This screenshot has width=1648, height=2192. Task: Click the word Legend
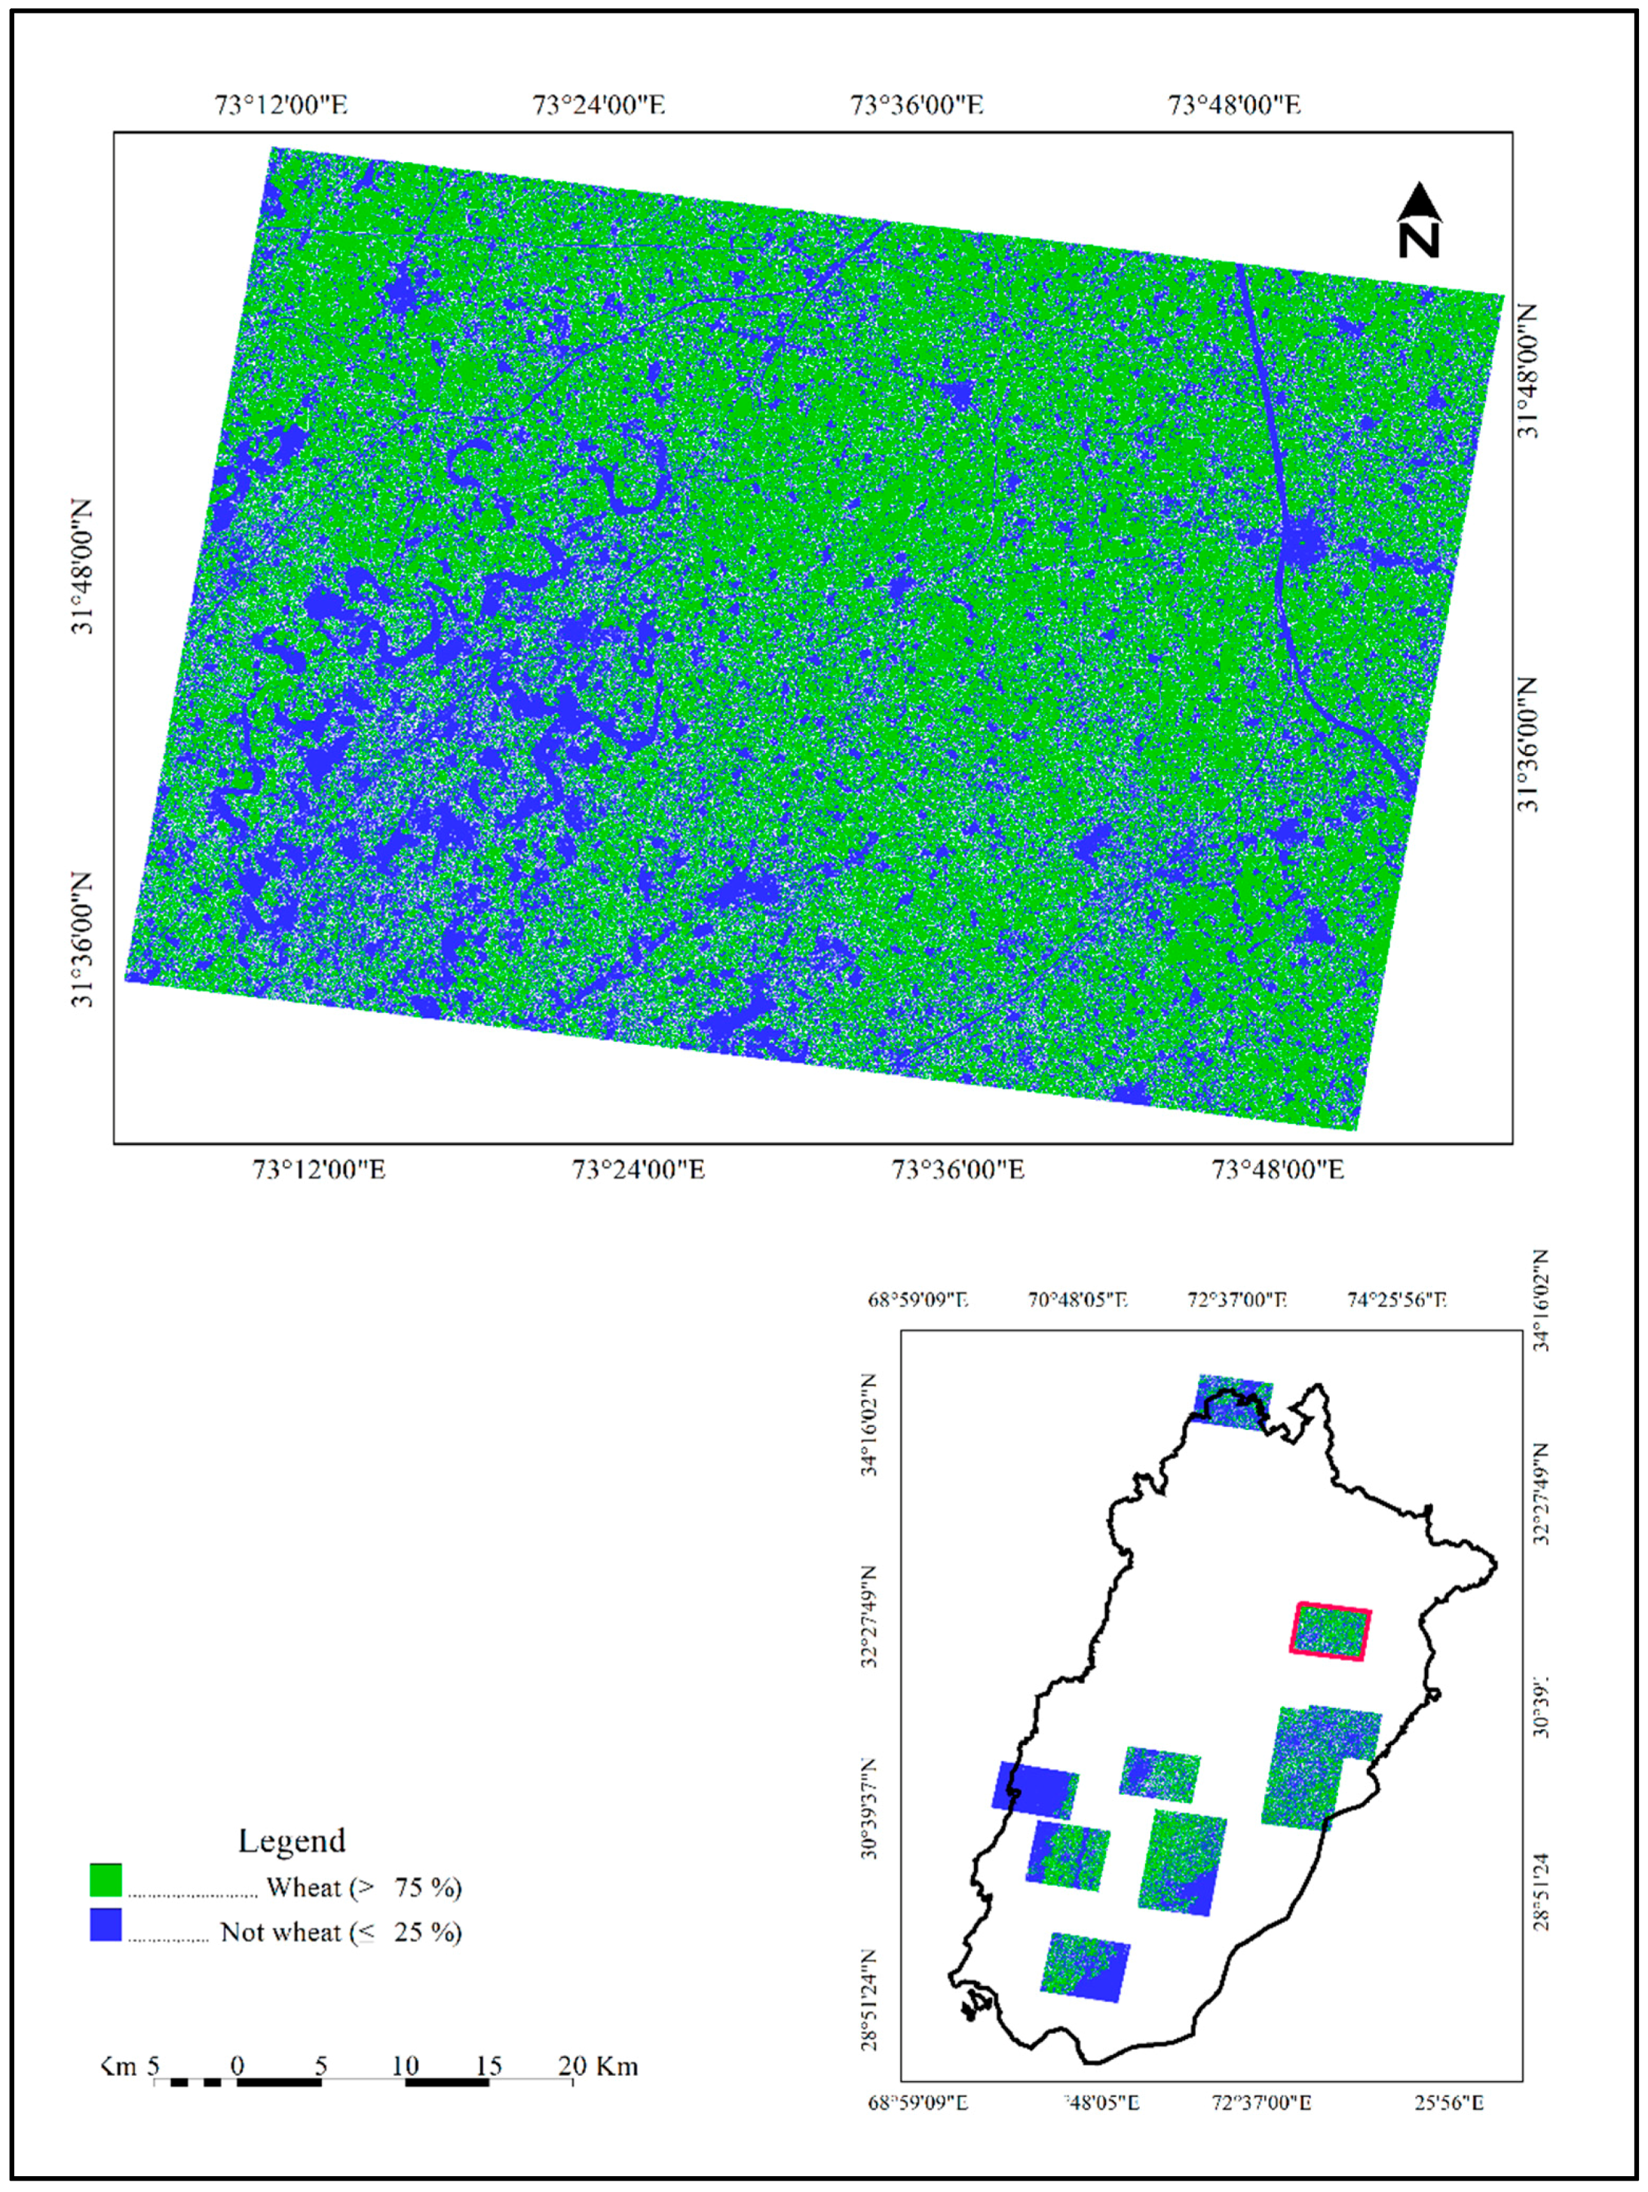pyautogui.click(x=291, y=1840)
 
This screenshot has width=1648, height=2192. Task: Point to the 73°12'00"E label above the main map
pyautogui.click(x=281, y=104)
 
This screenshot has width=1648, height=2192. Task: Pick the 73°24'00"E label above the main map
pyautogui.click(x=599, y=104)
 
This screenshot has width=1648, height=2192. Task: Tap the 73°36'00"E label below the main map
pyautogui.click(x=957, y=1169)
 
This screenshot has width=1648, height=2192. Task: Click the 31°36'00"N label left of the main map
pyautogui.click(x=83, y=939)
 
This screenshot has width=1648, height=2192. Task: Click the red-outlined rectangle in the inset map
pyautogui.click(x=1330, y=1631)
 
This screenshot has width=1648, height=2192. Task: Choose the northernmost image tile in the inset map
pyautogui.click(x=1233, y=1401)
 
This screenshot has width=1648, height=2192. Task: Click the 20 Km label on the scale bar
pyautogui.click(x=598, y=2067)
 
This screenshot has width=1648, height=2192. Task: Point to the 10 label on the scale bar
pyautogui.click(x=404, y=2067)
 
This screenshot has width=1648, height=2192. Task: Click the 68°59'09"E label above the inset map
pyautogui.click(x=917, y=1300)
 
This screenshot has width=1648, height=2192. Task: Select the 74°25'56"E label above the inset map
pyautogui.click(x=1396, y=1300)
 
